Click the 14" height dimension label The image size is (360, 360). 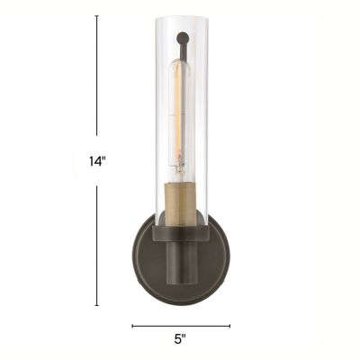tap(98, 161)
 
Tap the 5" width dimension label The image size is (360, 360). tap(180, 339)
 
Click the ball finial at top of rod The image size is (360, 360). tap(183, 38)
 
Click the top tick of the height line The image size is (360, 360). tap(96, 16)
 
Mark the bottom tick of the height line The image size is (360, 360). tap(96, 305)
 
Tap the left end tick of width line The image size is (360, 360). tap(132, 326)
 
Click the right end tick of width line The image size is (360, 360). tap(229, 326)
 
